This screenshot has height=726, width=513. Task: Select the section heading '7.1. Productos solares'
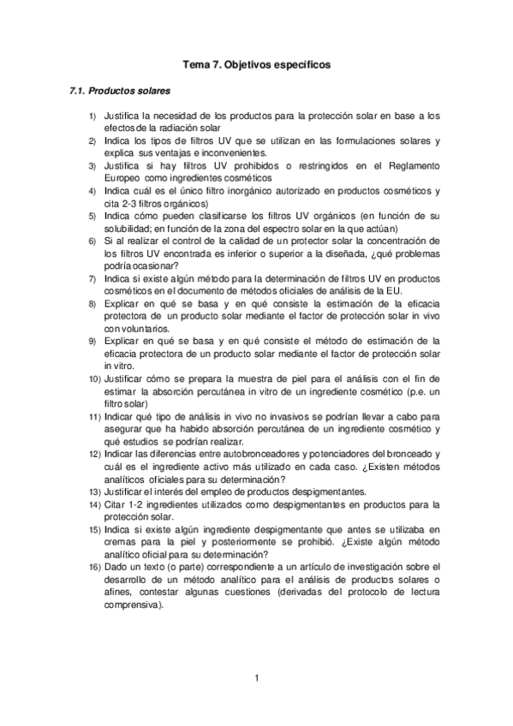119,90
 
